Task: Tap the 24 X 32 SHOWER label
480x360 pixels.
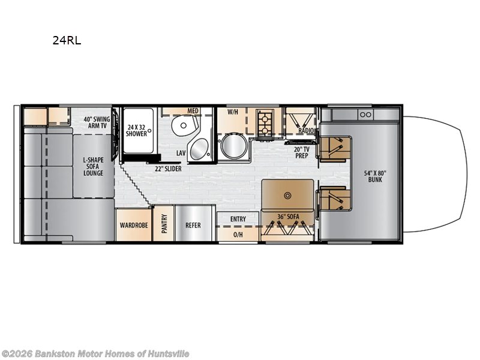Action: [x=137, y=130]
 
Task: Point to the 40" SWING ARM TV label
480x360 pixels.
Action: [x=97, y=123]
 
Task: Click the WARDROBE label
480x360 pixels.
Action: [x=134, y=226]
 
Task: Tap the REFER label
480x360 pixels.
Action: [x=193, y=226]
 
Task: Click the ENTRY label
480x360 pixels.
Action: [x=238, y=219]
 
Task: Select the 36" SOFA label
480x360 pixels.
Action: [x=288, y=217]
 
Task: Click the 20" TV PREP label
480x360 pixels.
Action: [x=302, y=152]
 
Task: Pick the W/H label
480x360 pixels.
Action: [x=233, y=112]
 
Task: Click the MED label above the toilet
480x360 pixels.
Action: [x=193, y=111]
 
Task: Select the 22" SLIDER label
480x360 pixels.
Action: [x=167, y=169]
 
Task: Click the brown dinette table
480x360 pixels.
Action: [x=287, y=194]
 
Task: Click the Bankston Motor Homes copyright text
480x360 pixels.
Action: [x=95, y=354]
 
